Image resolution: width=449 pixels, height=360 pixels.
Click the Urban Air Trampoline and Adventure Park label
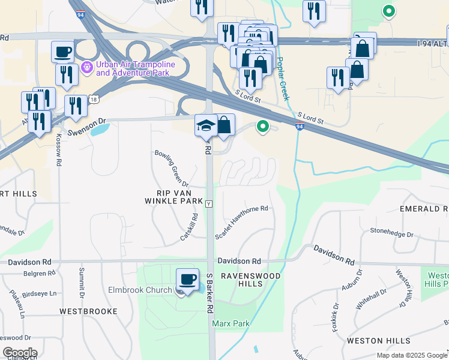(132, 68)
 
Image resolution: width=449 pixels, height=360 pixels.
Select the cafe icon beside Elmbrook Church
(188, 280)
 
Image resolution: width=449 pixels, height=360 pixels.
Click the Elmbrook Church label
(140, 290)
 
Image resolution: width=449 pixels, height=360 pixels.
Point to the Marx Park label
(231, 324)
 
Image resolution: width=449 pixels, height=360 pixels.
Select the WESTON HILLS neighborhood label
(378, 341)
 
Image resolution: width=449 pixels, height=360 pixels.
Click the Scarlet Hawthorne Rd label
(240, 222)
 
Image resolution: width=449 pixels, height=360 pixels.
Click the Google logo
(20, 353)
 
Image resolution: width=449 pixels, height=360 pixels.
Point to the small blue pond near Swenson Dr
(101, 129)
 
